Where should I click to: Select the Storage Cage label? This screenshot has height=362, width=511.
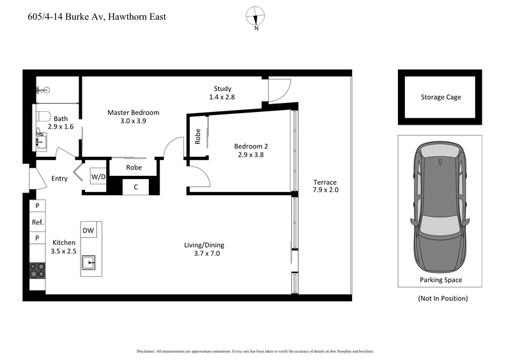click(x=440, y=97)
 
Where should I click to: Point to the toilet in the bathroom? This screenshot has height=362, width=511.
click(x=43, y=117)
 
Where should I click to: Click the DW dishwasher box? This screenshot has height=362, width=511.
click(x=88, y=230)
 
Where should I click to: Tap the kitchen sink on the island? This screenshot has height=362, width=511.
click(x=91, y=261)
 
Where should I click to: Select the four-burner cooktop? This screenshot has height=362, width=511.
click(x=36, y=271)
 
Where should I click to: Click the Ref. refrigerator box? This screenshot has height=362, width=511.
click(x=37, y=222)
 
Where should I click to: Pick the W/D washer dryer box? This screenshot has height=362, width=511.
click(x=98, y=176)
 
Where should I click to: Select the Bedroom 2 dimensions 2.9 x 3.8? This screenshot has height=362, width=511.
click(x=233, y=154)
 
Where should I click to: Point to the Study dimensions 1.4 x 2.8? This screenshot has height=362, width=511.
click(x=222, y=97)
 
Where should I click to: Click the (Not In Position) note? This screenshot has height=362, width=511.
click(x=442, y=298)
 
